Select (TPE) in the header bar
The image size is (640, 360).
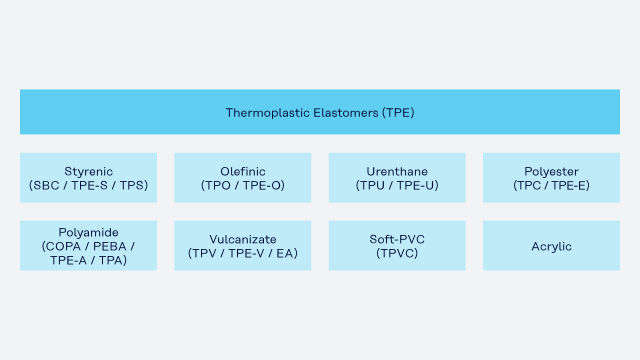point(398,113)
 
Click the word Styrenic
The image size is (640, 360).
point(89,172)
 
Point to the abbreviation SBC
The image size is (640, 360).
point(46,186)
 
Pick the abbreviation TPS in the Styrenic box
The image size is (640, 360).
point(132,186)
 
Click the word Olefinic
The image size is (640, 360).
point(243,171)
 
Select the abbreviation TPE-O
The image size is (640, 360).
point(261,186)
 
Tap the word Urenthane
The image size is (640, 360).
point(397,171)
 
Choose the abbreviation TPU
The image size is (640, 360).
point(372,186)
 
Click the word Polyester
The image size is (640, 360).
point(551,172)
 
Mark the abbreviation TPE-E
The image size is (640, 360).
point(569,186)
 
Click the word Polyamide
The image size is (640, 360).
point(89,233)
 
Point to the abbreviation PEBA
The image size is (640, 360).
point(109,247)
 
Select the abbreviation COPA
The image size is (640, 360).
point(63,247)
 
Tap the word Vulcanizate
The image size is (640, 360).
point(243,239)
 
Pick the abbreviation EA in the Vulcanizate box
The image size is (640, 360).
point(285,253)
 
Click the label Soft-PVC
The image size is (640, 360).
point(397,239)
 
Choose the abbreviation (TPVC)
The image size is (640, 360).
point(397,253)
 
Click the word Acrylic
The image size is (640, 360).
point(551,247)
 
